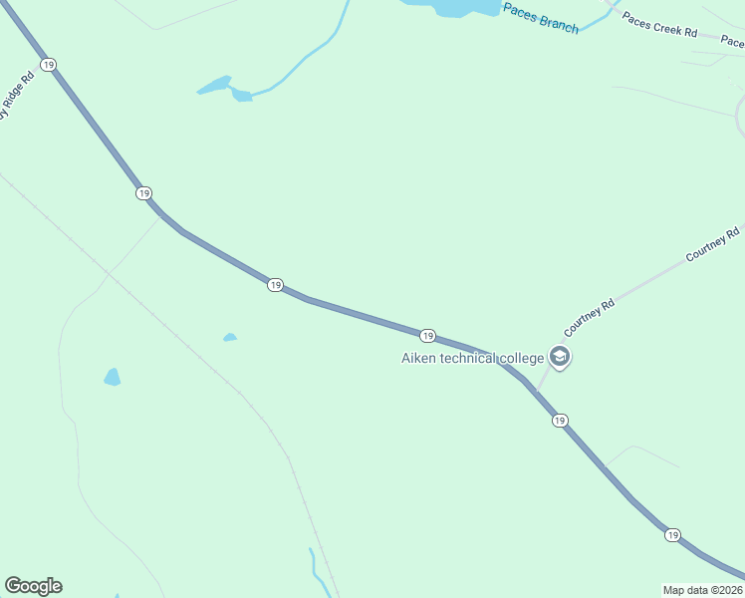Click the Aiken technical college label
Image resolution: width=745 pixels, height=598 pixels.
pos(472,358)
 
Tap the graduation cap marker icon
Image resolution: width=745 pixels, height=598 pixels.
pos(560,358)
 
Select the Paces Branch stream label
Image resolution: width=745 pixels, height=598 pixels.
pos(541,18)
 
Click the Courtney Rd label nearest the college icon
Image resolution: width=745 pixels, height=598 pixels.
pos(590,315)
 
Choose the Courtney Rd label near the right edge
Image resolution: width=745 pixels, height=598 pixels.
pos(713,245)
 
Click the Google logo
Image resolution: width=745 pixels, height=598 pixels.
pos(33,586)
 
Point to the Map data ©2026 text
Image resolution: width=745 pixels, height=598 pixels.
pos(702,590)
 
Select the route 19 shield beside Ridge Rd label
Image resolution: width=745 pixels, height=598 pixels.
pos(48,65)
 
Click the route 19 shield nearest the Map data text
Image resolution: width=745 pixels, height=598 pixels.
pos(672,535)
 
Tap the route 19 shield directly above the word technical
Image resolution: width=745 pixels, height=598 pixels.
pos(426,335)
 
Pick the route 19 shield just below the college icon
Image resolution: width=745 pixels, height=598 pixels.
pos(560,421)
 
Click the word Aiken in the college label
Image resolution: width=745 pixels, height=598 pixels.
pos(419,358)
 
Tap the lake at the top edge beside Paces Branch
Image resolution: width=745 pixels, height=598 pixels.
pos(453,7)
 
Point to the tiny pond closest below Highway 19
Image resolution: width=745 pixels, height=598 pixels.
pos(230,338)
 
